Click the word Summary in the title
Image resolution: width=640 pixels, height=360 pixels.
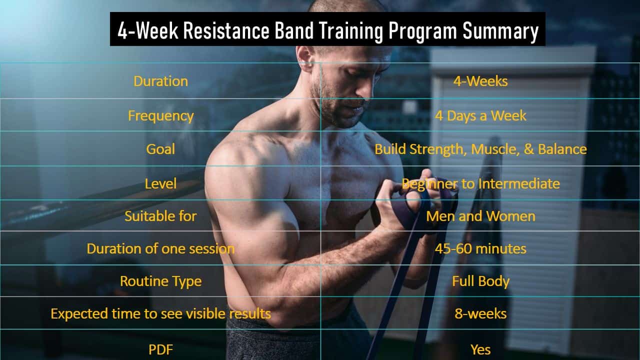pos(500,31)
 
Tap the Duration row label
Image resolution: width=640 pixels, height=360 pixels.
pos(161,81)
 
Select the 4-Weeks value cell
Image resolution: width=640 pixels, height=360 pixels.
pos(480,81)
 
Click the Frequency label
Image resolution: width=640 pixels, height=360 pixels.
pos(161,116)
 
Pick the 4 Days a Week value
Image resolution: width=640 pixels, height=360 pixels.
pos(480,115)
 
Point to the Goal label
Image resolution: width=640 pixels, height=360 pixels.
pos(160,149)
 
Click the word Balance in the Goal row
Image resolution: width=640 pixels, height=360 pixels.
pos(562,149)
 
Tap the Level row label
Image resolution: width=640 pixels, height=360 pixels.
pos(160,183)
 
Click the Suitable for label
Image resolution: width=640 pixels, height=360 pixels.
pos(160,216)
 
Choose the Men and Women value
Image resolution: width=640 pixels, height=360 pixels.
pos(480,216)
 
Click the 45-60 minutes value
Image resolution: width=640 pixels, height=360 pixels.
pos(480,249)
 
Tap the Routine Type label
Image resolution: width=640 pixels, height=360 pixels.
pos(161,281)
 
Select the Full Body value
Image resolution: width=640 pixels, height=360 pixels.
pos(480,281)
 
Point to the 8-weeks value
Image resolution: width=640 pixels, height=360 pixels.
pos(480,313)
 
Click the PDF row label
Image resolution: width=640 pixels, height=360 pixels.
pos(160,349)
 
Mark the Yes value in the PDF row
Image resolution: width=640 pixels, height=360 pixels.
pos(480,349)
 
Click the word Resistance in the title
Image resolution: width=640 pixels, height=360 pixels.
pos(226,31)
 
